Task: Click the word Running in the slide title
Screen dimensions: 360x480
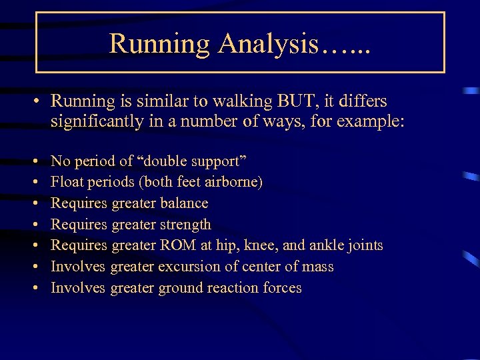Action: tap(159, 45)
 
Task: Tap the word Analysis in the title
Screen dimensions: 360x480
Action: tap(268, 45)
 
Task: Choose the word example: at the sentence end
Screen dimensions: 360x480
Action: tap(367, 123)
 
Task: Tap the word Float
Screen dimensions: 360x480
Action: tap(65, 182)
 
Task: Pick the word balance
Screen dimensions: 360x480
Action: tap(183, 203)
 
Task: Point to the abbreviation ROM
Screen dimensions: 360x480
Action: tap(177, 245)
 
